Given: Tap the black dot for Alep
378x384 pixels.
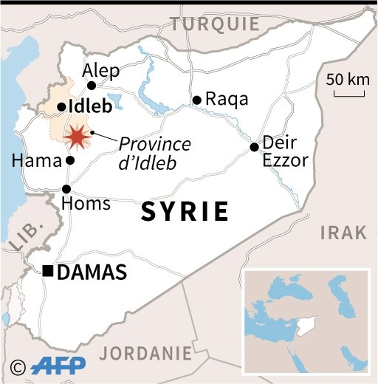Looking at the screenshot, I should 92,85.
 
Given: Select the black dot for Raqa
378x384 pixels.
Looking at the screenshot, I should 196,100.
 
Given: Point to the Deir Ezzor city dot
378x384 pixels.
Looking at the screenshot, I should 254,147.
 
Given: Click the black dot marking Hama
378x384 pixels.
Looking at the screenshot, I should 70,160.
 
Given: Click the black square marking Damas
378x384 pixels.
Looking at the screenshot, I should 48,272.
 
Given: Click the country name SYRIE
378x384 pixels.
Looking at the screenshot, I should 185,212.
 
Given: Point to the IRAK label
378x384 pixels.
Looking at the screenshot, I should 343,233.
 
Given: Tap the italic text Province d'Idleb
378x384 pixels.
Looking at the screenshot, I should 155,153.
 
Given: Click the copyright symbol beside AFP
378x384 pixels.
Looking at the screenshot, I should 18,366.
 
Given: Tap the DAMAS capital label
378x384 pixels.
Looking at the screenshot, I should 92,272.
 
